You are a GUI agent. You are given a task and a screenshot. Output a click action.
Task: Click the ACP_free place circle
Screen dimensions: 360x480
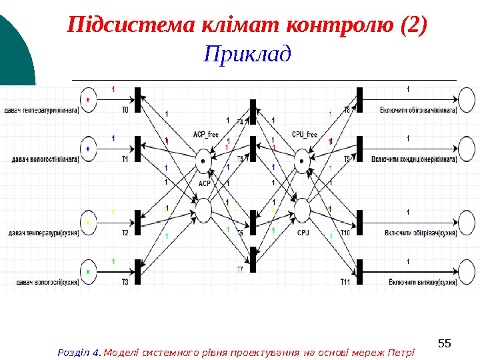coord(203,160)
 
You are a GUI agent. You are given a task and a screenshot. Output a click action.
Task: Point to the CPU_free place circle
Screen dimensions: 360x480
coord(303,160)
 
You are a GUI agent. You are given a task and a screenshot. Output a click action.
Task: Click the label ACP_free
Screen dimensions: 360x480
coord(205,135)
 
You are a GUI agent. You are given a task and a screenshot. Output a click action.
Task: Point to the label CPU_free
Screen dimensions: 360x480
coord(303,135)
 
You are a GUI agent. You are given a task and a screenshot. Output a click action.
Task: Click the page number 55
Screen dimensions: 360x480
coord(444,344)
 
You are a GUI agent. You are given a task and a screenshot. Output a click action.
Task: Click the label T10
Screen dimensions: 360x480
coord(345,233)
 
